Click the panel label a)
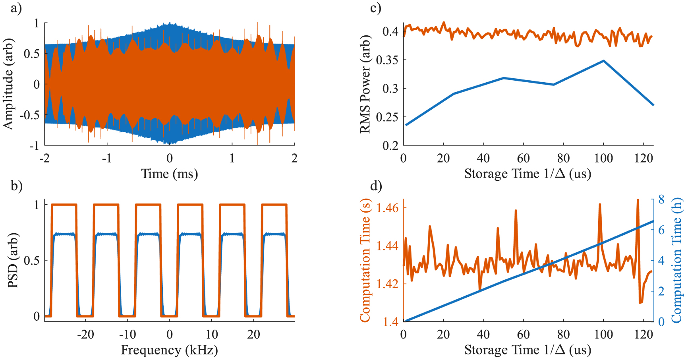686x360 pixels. pos(16,8)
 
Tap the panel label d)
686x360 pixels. pos(375,186)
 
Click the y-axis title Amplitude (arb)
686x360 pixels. pos(8,84)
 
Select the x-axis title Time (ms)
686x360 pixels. pos(170,174)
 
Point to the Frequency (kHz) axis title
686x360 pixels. pos(170,350)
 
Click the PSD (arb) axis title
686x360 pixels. pos(13,260)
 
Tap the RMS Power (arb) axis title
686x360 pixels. pos(365,84)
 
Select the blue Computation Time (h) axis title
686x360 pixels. pos(676,260)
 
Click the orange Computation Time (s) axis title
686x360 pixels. pos(365,260)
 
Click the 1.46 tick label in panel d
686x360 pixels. pos(387,208)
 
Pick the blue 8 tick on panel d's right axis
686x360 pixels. pos(661,199)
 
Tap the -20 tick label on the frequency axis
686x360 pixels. pos(85,335)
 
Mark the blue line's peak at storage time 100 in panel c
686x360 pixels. pos(604,61)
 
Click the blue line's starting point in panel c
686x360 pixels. pos(406,125)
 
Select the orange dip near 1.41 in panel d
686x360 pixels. pos(640,302)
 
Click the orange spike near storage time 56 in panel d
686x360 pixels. pos(516,211)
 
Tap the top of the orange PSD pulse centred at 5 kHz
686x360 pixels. pos(190,205)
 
